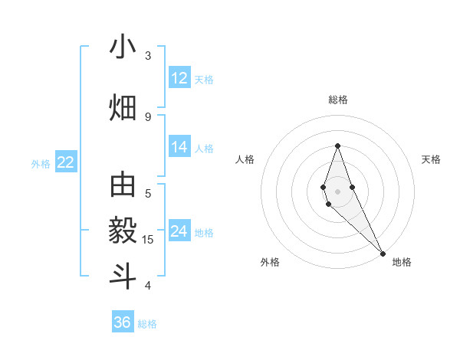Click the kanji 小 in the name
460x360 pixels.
point(123,47)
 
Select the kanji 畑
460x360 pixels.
point(123,107)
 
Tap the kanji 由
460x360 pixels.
point(123,186)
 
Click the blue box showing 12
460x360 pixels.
point(179,77)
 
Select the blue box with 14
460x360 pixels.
point(179,147)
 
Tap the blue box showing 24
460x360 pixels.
point(179,231)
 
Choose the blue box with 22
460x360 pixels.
point(66,162)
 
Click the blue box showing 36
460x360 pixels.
point(123,322)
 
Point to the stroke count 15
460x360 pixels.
point(148,240)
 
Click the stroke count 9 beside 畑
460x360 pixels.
point(148,116)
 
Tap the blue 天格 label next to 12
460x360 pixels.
point(204,79)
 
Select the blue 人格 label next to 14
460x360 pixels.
point(204,149)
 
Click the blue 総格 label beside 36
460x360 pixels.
point(147,324)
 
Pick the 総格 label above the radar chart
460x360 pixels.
point(337,100)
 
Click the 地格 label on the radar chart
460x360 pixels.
point(402,262)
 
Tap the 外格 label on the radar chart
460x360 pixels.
point(270,262)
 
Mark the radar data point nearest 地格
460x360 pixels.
point(383,253)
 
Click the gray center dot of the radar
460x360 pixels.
point(337,191)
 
